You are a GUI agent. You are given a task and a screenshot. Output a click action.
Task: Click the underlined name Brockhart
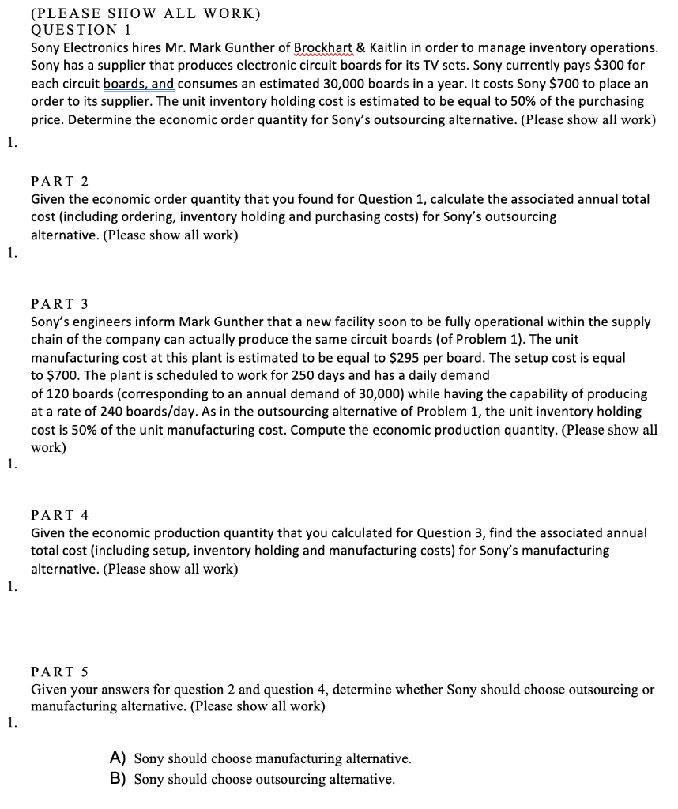pyautogui.click(x=323, y=48)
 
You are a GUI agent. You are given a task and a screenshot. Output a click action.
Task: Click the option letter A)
pyautogui.click(x=119, y=758)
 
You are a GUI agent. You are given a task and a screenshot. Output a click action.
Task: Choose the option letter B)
pyautogui.click(x=119, y=779)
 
